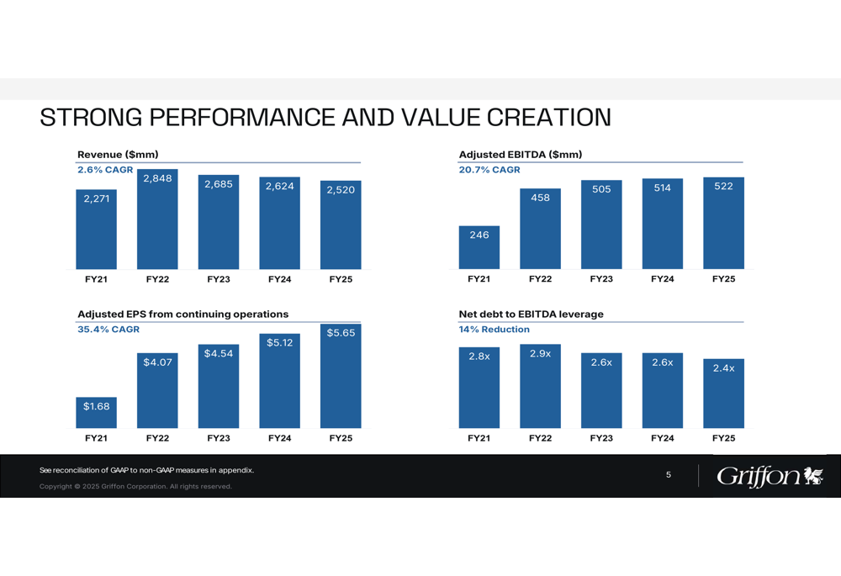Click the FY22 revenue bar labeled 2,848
(x=157, y=219)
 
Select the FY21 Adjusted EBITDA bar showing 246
(x=479, y=247)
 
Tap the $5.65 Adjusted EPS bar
(x=341, y=375)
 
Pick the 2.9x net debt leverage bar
(x=540, y=386)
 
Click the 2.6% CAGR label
(x=105, y=170)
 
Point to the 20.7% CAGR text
(x=489, y=170)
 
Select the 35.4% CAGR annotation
(x=108, y=330)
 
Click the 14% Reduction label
(x=494, y=330)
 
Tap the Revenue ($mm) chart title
(x=118, y=155)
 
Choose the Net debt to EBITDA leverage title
(x=531, y=314)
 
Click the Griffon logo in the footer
(x=770, y=476)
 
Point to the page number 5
(x=669, y=474)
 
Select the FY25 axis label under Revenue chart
(x=341, y=279)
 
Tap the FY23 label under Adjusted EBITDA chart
(x=601, y=279)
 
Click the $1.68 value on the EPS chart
(x=96, y=406)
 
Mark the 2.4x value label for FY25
(x=723, y=368)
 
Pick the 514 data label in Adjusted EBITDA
(x=663, y=188)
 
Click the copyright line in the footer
(x=135, y=486)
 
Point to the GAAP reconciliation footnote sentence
(x=146, y=470)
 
